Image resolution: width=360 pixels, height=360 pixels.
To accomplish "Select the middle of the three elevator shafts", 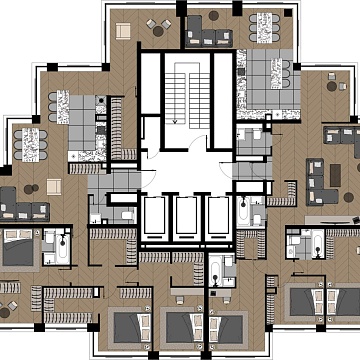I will (x=188, y=215).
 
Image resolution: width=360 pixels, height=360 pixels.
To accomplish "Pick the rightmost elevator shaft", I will (x=218, y=215).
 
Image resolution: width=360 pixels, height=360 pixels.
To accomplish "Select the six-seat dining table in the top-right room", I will (x=265, y=25).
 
